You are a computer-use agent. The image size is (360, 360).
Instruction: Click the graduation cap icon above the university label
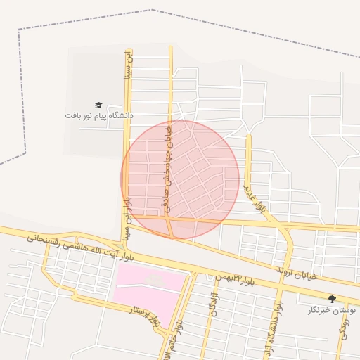98,105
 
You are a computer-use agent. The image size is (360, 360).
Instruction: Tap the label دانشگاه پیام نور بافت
98,115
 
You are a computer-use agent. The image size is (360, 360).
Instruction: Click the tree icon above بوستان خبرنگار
333,299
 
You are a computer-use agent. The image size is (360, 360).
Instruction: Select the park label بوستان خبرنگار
333,309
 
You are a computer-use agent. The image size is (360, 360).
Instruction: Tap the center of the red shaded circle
180,179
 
